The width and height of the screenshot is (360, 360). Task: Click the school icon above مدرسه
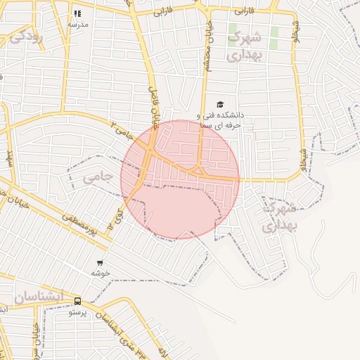tap(77, 13)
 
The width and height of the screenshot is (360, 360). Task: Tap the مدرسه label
tap(77, 24)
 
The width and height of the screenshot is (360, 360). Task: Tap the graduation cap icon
tap(220, 104)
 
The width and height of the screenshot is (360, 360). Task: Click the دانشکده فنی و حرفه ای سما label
tap(219, 119)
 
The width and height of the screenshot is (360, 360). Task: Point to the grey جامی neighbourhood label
tap(98, 178)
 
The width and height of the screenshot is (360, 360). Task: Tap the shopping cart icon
tap(101, 263)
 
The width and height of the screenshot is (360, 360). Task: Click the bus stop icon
tap(77, 302)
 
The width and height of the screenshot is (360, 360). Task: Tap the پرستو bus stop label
tap(77, 312)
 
